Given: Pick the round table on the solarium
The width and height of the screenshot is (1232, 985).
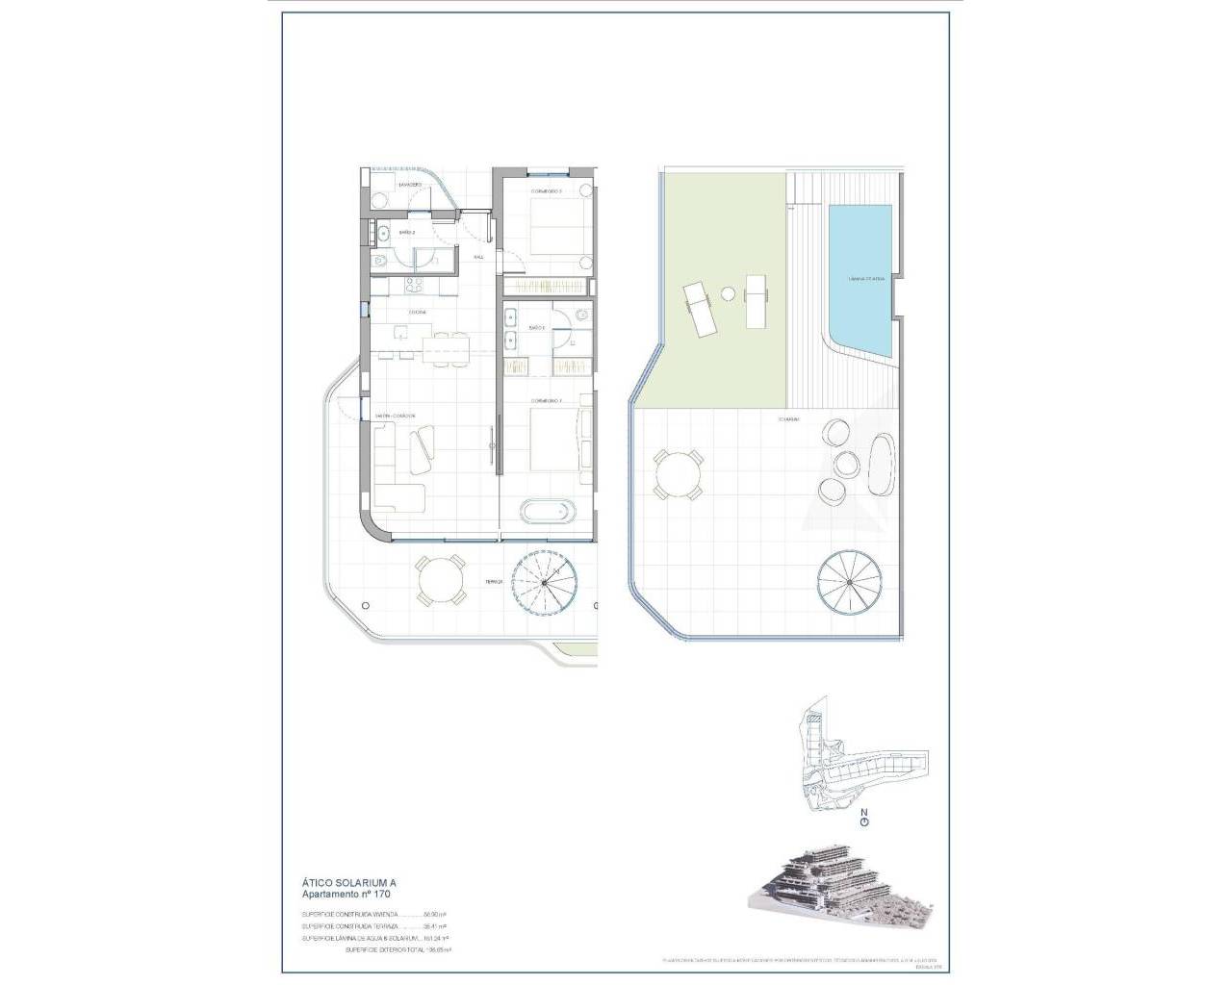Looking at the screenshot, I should pos(677,475).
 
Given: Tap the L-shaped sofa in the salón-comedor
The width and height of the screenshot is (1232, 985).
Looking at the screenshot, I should pos(397,471).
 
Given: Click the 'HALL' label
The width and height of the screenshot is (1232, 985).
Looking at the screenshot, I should pos(478,258).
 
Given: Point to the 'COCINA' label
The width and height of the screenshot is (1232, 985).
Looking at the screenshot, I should pos(417,313).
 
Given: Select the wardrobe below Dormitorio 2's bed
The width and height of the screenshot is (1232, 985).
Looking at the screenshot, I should pos(546,287).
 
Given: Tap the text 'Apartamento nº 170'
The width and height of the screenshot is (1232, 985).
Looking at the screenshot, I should pos(347,895).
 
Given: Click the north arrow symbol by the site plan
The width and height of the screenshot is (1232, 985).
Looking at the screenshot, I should pos(864,821).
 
